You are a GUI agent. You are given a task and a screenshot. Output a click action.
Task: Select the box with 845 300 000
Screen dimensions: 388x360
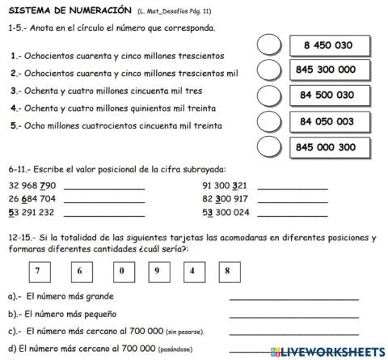pyautogui.click(x=326, y=70)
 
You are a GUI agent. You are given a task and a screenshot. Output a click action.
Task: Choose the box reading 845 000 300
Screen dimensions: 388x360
pyautogui.click(x=326, y=147)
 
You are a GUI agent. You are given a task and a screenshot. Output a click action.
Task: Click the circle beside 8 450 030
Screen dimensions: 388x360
pyautogui.click(x=269, y=44)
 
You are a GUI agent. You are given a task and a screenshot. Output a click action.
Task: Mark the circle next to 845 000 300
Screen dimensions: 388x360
pyautogui.click(x=269, y=147)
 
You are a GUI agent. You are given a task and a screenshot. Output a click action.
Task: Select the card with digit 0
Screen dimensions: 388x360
pyautogui.click(x=120, y=271)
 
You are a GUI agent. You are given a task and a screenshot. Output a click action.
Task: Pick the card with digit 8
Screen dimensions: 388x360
pyautogui.click(x=228, y=271)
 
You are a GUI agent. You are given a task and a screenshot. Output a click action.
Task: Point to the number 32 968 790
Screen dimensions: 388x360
pyautogui.click(x=32, y=185)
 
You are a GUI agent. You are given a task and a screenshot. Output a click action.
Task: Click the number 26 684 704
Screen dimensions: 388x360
pyautogui.click(x=32, y=198)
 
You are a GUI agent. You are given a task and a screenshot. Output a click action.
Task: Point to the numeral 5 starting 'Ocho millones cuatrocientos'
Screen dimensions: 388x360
pyautogui.click(x=14, y=125)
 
